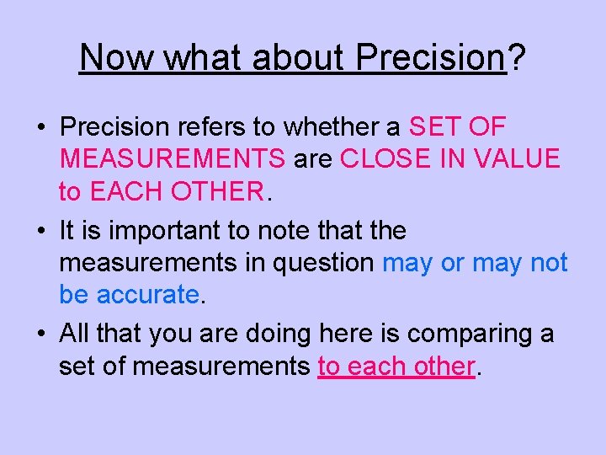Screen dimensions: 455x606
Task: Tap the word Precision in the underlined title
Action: pos(429,58)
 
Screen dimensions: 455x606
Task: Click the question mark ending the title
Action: pos(517,58)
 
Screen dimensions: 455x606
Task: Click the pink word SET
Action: pos(433,127)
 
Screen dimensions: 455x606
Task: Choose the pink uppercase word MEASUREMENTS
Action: pos(173,159)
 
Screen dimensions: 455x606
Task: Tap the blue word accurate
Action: pos(148,294)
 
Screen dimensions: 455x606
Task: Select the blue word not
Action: pos(549,262)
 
